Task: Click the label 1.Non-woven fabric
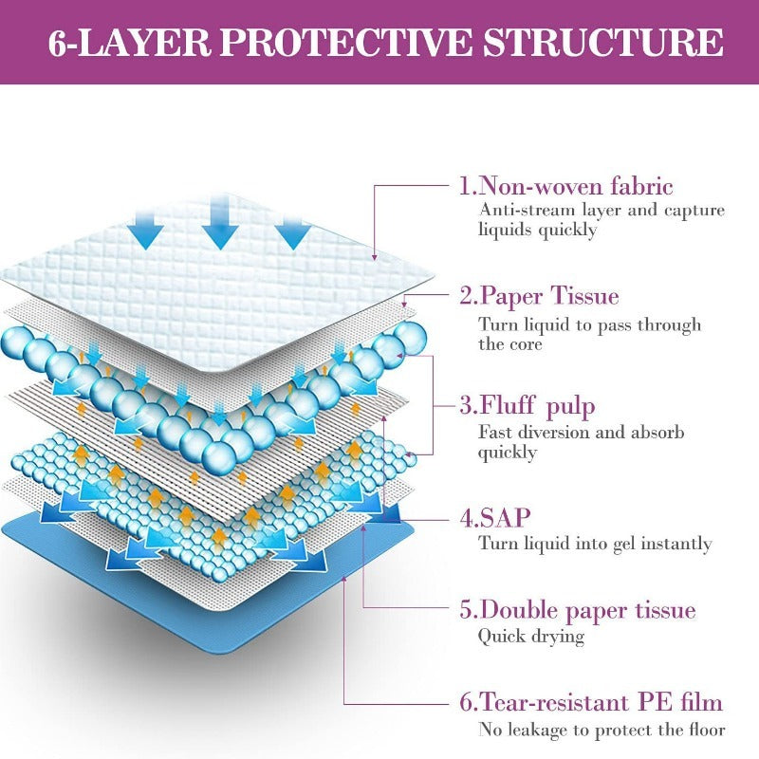coord(565,186)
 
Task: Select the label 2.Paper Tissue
coord(539,296)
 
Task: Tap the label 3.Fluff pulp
coord(528,406)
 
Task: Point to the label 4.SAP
coord(495,517)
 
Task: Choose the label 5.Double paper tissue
coord(577,609)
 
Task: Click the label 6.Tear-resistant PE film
coord(590,703)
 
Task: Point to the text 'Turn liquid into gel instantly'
coord(595,544)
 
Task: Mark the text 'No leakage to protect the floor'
coord(602,730)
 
